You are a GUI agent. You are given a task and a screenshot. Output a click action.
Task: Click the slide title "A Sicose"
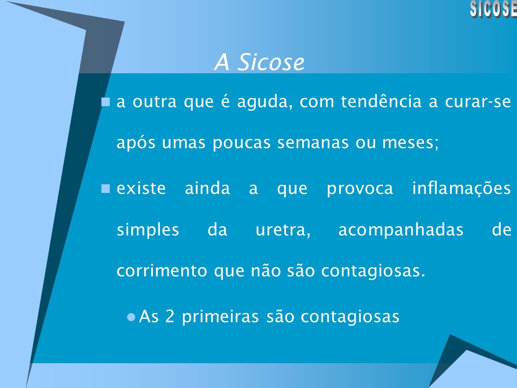(259, 63)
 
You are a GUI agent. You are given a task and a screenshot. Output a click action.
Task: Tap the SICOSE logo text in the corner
(493, 9)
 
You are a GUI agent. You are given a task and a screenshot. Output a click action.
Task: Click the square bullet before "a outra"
(106, 101)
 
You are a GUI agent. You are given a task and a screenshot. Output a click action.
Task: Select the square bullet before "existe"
(106, 189)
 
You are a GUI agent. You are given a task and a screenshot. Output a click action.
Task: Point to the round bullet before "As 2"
(130, 317)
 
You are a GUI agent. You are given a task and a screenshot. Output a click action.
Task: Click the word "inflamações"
(462, 189)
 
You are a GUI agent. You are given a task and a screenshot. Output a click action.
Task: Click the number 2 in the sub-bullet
(170, 317)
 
